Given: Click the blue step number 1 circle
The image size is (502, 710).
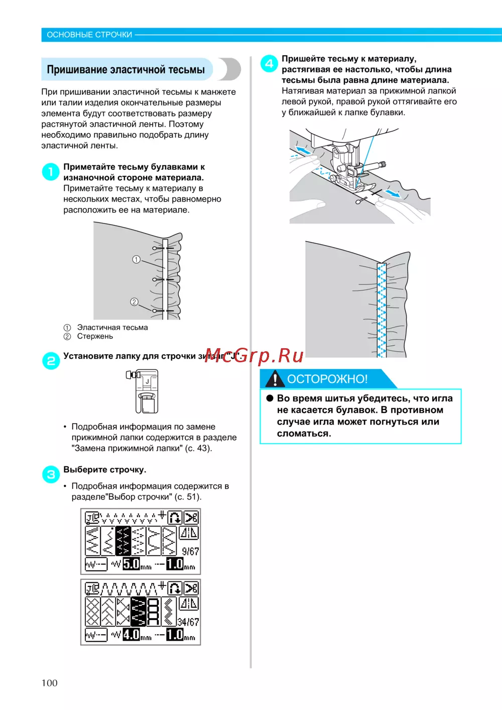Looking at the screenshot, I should click(x=51, y=172).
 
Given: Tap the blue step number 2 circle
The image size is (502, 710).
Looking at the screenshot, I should click(x=51, y=360).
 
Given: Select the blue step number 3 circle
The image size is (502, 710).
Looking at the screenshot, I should click(x=51, y=474).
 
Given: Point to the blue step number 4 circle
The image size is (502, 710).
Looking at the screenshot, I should click(x=269, y=64).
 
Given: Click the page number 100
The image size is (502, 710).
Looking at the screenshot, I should click(x=50, y=682).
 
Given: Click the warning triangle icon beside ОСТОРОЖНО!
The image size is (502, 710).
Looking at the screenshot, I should click(x=275, y=379).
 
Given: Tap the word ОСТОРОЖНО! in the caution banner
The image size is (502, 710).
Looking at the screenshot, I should click(x=327, y=379).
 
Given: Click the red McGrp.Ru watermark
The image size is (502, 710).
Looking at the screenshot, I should click(x=254, y=355).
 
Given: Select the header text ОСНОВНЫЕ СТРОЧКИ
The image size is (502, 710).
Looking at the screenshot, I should click(x=89, y=35).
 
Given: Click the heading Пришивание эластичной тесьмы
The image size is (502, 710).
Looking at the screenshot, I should click(x=126, y=69).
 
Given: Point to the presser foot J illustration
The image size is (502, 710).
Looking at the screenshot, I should click(x=144, y=391).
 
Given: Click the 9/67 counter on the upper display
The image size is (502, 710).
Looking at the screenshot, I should click(x=190, y=551).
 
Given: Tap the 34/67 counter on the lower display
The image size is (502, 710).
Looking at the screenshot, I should click(x=188, y=622).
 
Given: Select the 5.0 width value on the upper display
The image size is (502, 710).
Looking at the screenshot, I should click(x=131, y=564).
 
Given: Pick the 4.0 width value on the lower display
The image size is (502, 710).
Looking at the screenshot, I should click(x=131, y=634).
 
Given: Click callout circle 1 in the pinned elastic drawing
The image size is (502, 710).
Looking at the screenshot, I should click(x=136, y=259).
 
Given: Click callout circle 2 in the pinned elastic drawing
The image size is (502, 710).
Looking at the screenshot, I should click(x=134, y=302).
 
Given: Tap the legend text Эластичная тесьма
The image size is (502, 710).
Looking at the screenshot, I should click(x=112, y=327).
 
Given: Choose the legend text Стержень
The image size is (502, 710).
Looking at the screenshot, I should click(x=95, y=336).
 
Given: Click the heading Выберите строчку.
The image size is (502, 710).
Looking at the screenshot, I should click(x=104, y=469).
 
